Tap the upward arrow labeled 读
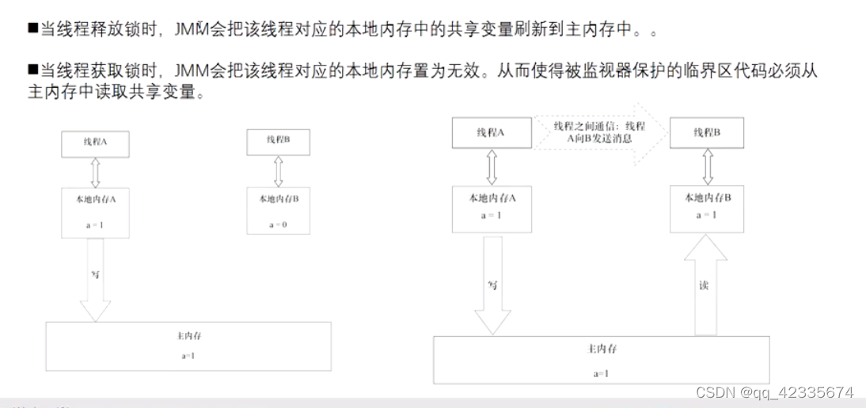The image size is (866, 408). coord(705,285)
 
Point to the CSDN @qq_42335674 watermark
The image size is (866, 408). coord(774,392)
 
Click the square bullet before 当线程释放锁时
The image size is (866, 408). coord(32,29)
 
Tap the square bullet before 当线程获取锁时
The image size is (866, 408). coord(32,71)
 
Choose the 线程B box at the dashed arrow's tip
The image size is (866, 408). coord(706,133)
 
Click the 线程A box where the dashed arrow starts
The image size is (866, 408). coord(491,133)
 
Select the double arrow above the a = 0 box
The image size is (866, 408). coord(277,171)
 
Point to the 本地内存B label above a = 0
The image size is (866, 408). coord(278,198)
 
